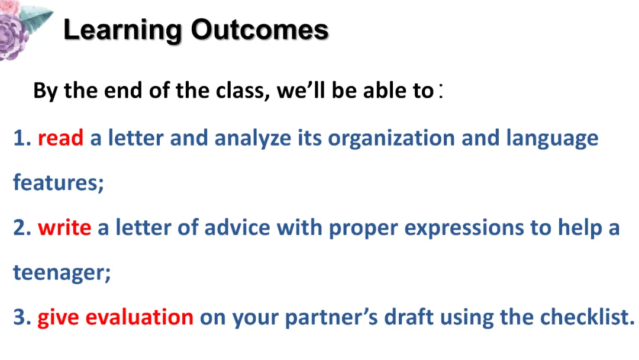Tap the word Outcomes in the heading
pos(260,30)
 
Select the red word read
pos(60,138)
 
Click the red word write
pos(64,227)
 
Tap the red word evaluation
pos(140,317)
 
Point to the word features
pos(58,182)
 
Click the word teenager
pos(62,273)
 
